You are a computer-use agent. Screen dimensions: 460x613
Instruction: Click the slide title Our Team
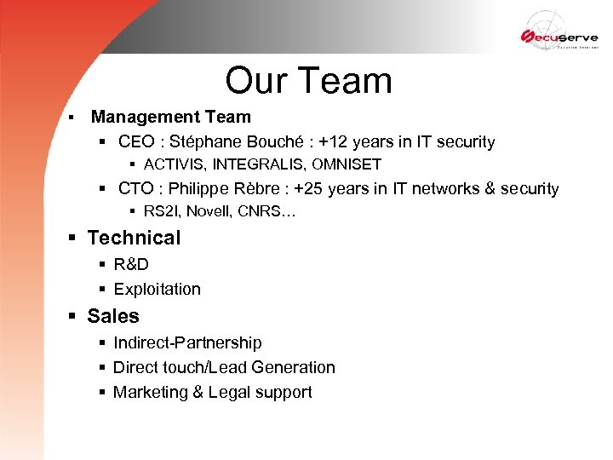tap(308, 81)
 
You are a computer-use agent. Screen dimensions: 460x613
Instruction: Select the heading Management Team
tap(170, 117)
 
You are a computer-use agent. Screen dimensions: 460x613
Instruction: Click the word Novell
tap(209, 211)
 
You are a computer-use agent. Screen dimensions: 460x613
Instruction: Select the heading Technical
tap(134, 238)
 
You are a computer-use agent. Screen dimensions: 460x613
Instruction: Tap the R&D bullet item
tap(131, 264)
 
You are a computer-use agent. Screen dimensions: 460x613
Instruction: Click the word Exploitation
tap(157, 290)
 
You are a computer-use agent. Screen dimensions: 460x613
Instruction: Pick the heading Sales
tap(113, 316)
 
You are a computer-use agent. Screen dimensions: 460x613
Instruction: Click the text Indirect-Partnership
tap(187, 342)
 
